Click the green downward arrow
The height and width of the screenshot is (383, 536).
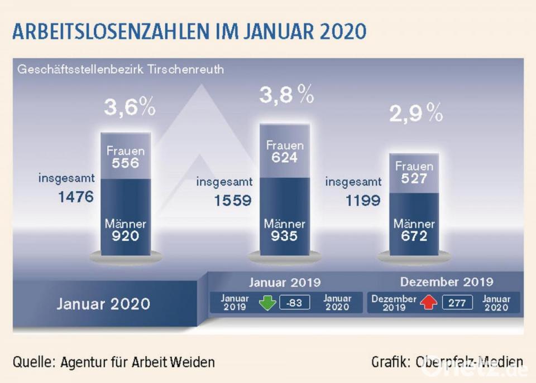(x=268, y=303)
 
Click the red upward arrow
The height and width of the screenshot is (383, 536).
(x=429, y=303)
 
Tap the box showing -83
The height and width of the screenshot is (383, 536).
(x=294, y=303)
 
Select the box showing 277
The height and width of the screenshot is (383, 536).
(x=457, y=303)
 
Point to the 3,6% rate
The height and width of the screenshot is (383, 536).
(x=130, y=108)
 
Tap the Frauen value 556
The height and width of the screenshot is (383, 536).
(x=126, y=164)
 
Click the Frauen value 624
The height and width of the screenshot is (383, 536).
(x=285, y=158)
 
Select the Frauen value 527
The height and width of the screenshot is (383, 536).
(x=414, y=179)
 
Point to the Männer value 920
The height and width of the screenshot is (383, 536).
(x=126, y=236)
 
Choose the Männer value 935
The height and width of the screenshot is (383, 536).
(x=285, y=236)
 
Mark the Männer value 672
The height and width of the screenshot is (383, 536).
(x=414, y=236)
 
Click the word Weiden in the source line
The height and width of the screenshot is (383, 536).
(x=195, y=362)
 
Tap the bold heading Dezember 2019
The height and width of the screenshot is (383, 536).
(x=446, y=282)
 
